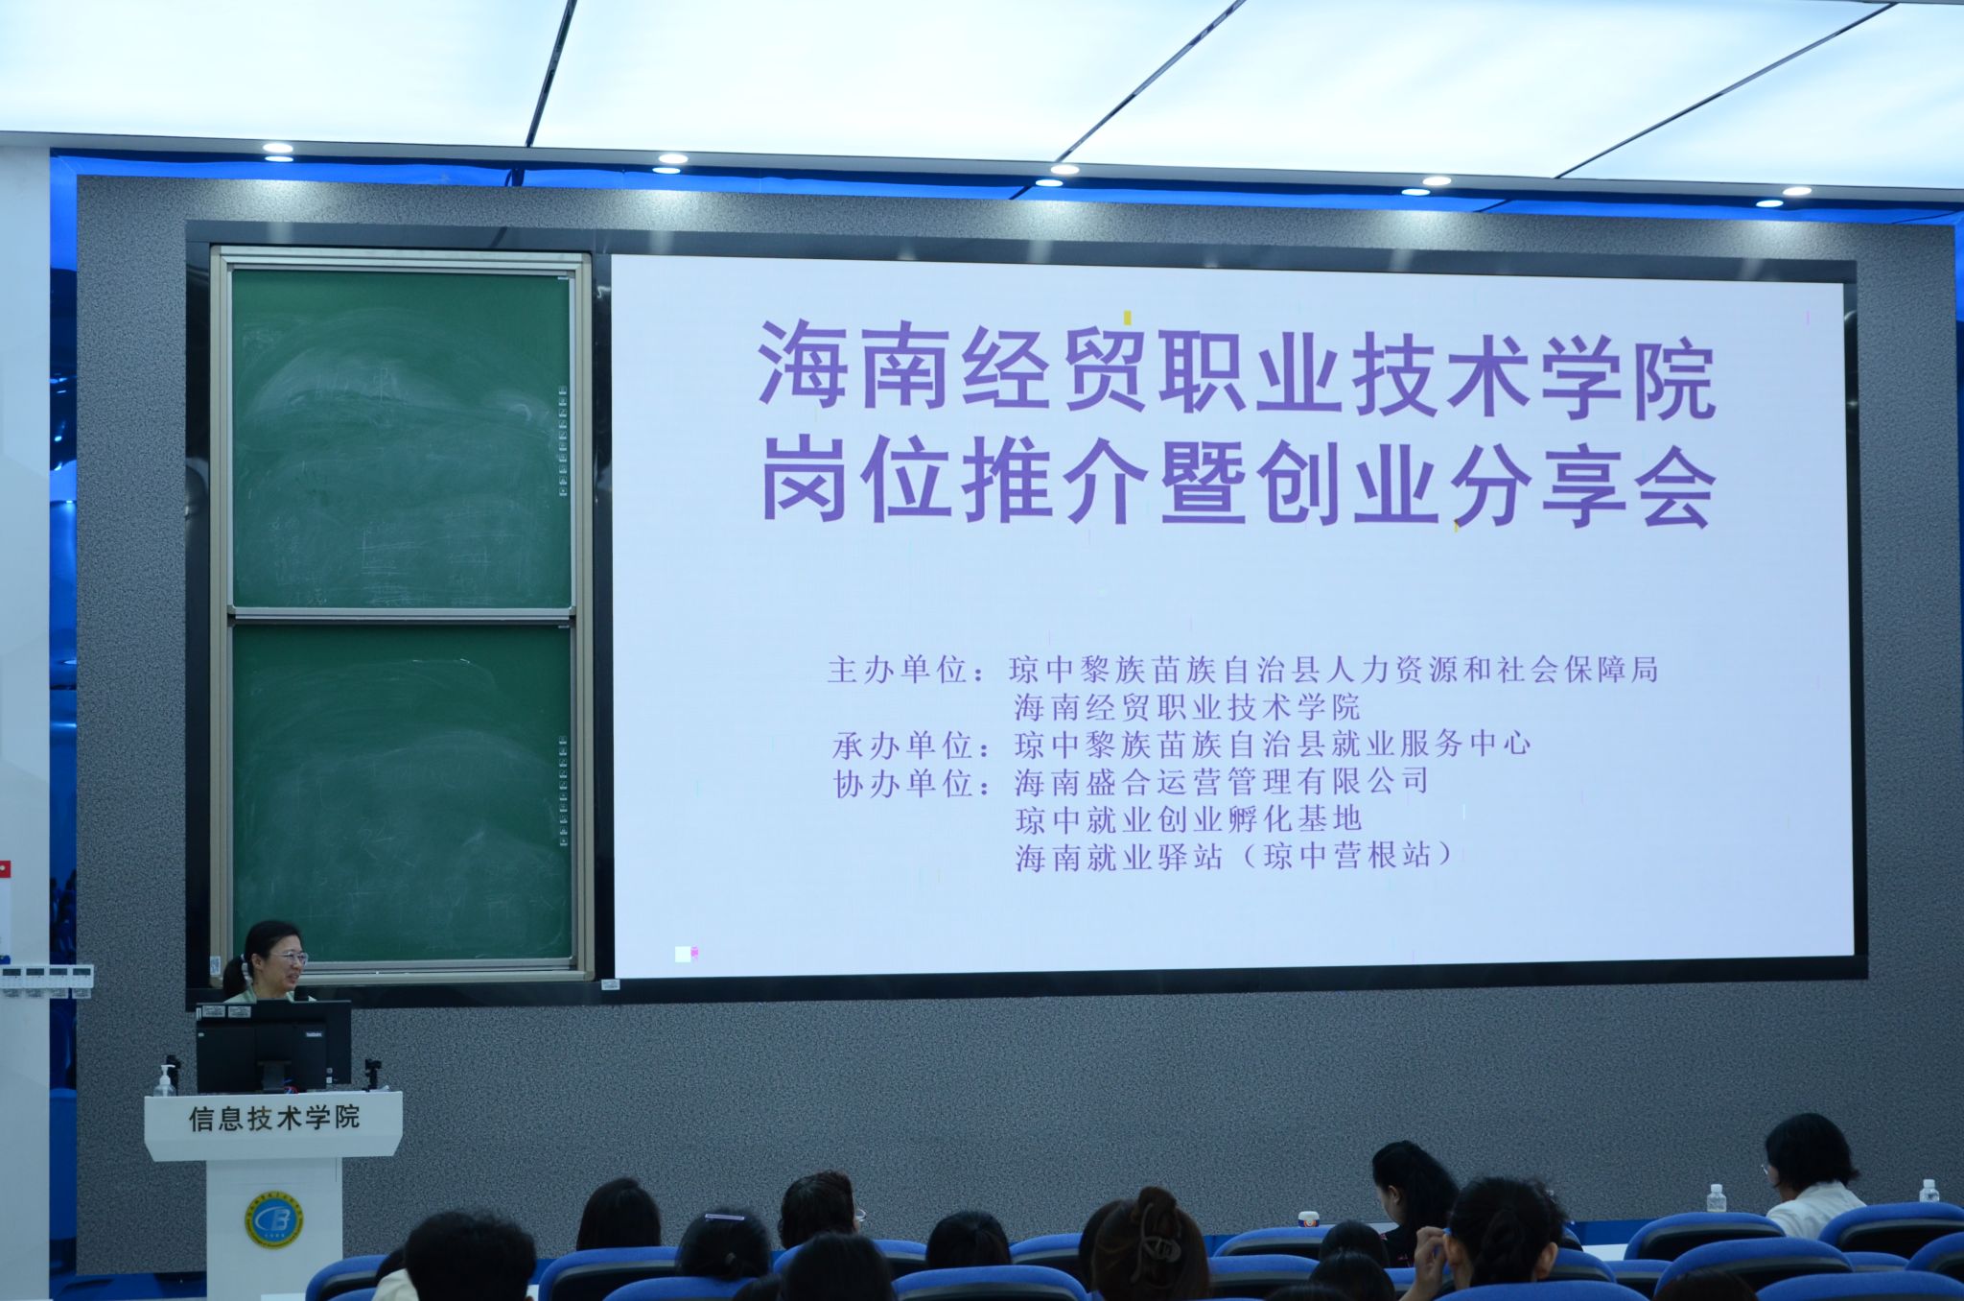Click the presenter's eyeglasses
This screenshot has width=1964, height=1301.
287,957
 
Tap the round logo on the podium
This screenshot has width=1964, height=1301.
273,1219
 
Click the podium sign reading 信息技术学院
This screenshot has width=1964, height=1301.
274,1118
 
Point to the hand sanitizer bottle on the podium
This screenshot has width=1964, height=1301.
165,1080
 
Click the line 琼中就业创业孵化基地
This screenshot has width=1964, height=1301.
1189,819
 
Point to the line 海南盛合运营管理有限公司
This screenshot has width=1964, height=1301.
1222,782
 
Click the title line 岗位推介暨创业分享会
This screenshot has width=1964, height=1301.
1238,485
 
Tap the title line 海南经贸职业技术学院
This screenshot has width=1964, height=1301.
1237,371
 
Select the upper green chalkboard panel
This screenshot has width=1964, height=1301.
402,438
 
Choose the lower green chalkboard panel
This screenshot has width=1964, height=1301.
403,792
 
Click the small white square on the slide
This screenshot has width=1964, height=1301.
683,954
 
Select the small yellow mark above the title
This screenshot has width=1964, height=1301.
1128,318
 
